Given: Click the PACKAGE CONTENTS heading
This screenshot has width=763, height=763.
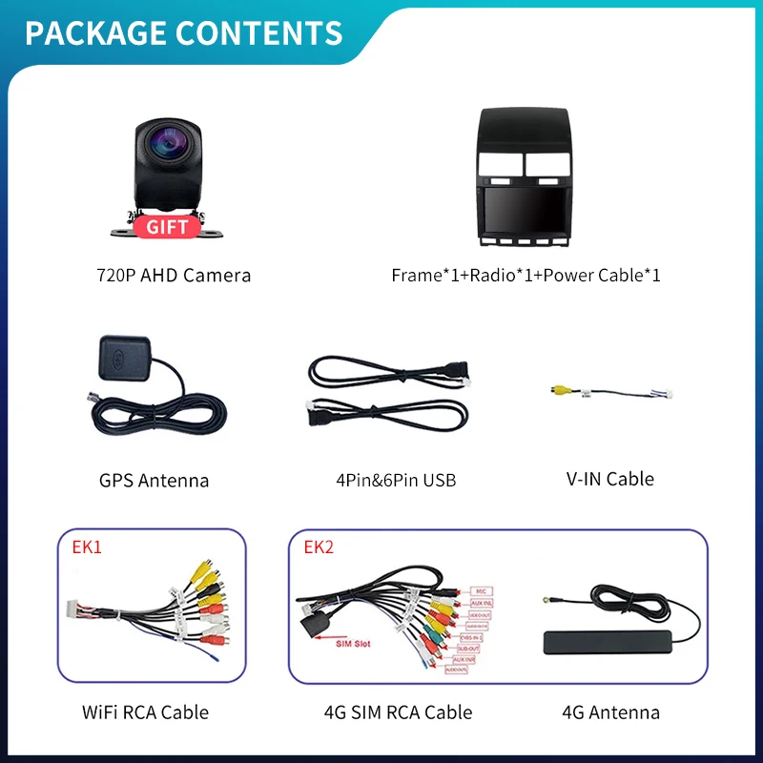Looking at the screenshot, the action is tap(183, 32).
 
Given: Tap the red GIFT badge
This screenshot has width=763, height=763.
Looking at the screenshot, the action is tap(167, 226).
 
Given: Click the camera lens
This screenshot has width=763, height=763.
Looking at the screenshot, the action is tap(165, 151).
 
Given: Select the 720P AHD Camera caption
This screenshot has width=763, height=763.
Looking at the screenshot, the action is tap(174, 276).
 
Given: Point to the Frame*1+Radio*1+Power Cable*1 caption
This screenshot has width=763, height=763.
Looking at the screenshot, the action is tap(526, 276).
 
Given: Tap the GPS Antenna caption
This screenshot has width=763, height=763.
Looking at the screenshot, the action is tap(154, 480).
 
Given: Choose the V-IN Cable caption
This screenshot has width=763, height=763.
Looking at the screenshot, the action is tap(609, 479).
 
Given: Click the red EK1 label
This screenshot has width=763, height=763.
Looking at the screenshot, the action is tap(87, 547).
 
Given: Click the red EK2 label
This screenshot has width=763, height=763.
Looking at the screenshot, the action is tap(320, 547).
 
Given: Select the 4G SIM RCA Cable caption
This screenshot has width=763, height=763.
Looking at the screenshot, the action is tap(398, 711).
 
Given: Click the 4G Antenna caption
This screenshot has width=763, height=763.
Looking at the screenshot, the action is tap(610, 711).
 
